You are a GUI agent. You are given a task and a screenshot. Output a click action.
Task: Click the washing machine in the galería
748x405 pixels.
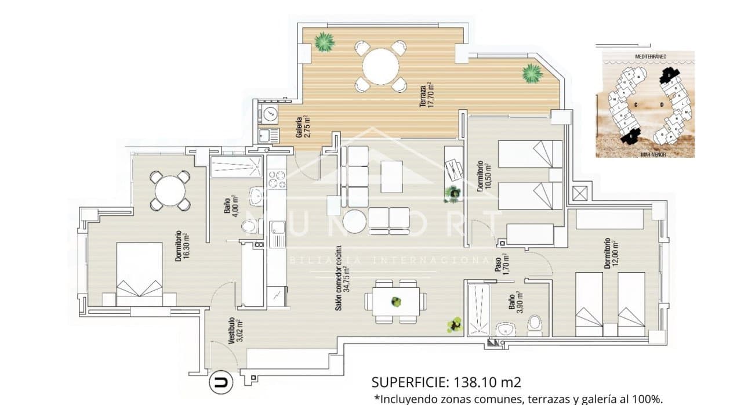[x=269, y=114]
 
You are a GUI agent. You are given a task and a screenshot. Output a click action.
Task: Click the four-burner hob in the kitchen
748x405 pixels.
[x=277, y=178]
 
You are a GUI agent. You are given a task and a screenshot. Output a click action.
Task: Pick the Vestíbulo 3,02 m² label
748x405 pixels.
[x=235, y=331]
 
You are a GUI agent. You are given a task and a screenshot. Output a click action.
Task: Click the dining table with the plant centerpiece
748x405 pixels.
[x=395, y=302]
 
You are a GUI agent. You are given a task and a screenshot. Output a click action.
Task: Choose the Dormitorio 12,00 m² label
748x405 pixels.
[x=610, y=252]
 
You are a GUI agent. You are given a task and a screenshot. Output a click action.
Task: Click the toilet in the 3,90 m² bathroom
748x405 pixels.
[x=535, y=325]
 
